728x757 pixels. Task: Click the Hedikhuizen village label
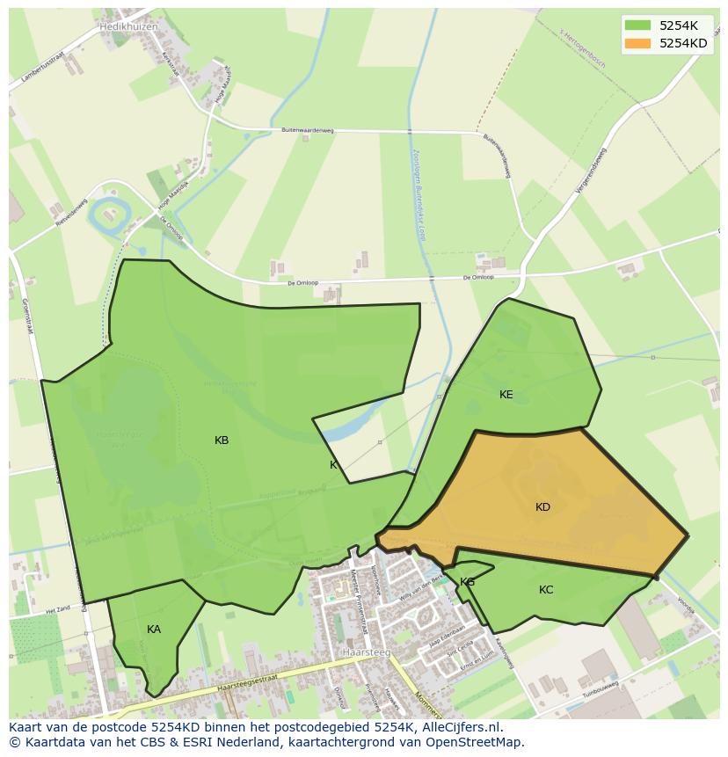(128, 26)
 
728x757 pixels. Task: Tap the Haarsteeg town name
(365, 653)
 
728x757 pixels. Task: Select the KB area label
(222, 440)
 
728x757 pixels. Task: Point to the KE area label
(506, 395)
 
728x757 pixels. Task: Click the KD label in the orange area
(542, 507)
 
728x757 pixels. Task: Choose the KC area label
(546, 590)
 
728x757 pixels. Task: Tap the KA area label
(154, 630)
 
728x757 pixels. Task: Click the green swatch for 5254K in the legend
(637, 25)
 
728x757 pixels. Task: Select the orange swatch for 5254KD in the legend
(637, 43)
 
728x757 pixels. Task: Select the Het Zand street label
(57, 608)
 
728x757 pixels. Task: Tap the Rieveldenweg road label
(71, 212)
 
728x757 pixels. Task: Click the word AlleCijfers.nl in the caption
(458, 727)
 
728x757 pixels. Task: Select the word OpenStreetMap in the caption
(475, 742)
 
